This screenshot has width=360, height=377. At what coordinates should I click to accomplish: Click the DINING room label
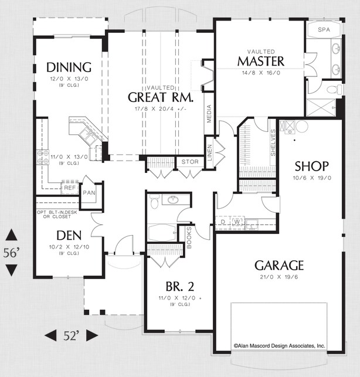point(69,67)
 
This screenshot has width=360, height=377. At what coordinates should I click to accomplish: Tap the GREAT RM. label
point(157,97)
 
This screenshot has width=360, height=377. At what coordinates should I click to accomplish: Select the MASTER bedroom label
point(260,61)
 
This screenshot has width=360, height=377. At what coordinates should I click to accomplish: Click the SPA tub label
point(323,29)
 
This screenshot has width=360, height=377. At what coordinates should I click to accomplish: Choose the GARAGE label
point(279,265)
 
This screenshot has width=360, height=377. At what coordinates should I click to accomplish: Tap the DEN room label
point(61,235)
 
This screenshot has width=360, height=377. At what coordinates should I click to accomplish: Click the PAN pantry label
point(89,192)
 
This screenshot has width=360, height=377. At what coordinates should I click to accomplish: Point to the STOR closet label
point(189,161)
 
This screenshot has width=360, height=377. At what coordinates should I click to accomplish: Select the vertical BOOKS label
point(189,235)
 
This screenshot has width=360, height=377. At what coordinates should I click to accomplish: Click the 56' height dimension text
point(12,253)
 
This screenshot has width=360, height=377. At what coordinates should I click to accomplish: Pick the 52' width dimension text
point(71,335)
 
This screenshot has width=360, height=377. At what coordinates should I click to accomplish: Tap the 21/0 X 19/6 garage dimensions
point(279,277)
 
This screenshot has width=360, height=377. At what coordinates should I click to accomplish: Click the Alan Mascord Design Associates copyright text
point(280,346)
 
